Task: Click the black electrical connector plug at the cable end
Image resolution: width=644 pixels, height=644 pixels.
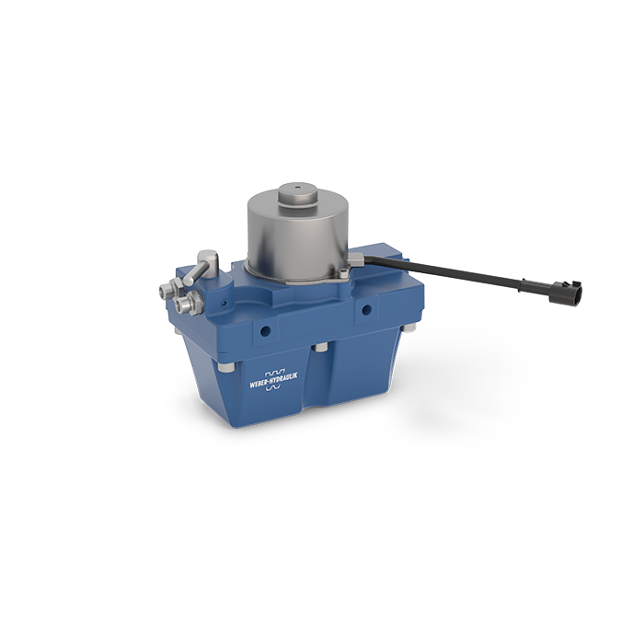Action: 566,291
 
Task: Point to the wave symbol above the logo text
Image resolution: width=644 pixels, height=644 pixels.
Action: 274,374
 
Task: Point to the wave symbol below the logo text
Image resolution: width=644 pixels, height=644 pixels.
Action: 273,386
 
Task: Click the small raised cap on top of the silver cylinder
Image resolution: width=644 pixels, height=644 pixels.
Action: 299,195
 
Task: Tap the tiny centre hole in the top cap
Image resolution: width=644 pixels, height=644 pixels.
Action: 298,188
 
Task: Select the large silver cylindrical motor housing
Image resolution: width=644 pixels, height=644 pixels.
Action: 297,236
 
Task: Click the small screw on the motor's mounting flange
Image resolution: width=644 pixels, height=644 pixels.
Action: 343,274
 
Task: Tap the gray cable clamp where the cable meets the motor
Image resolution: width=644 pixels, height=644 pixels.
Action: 356,260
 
